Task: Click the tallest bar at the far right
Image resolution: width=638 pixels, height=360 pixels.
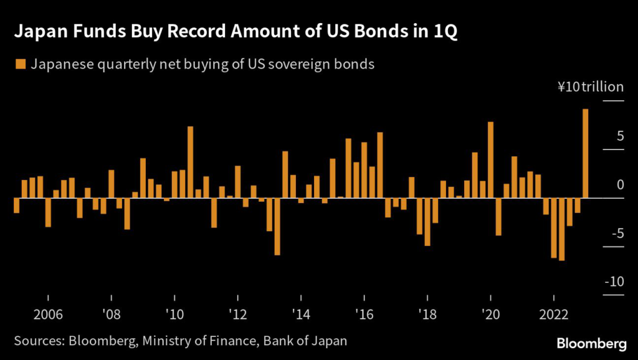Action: (586, 153)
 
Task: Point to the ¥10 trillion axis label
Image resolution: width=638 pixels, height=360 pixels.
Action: (590, 87)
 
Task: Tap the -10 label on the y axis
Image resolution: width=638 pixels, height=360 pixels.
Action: (614, 282)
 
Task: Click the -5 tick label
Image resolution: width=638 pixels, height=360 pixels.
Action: (616, 234)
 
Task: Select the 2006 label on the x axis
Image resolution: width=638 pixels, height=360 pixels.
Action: (48, 314)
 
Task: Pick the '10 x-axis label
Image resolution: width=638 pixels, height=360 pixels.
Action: (174, 314)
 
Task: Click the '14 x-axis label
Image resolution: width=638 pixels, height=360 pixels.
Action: (301, 314)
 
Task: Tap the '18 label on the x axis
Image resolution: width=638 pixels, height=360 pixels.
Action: (427, 314)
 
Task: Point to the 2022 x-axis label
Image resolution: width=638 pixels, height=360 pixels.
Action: (554, 314)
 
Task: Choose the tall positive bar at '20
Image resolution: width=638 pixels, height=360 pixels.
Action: (491, 159)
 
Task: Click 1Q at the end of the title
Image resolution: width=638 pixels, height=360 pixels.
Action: (446, 32)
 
